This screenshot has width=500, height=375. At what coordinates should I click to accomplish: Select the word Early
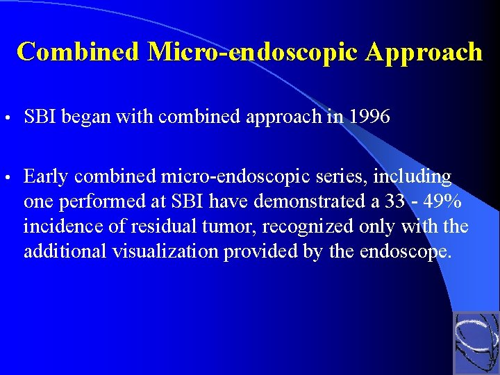(x=45, y=177)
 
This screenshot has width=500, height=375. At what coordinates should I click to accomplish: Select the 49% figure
(x=440, y=202)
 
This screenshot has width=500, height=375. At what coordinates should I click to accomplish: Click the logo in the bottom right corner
(x=476, y=342)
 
